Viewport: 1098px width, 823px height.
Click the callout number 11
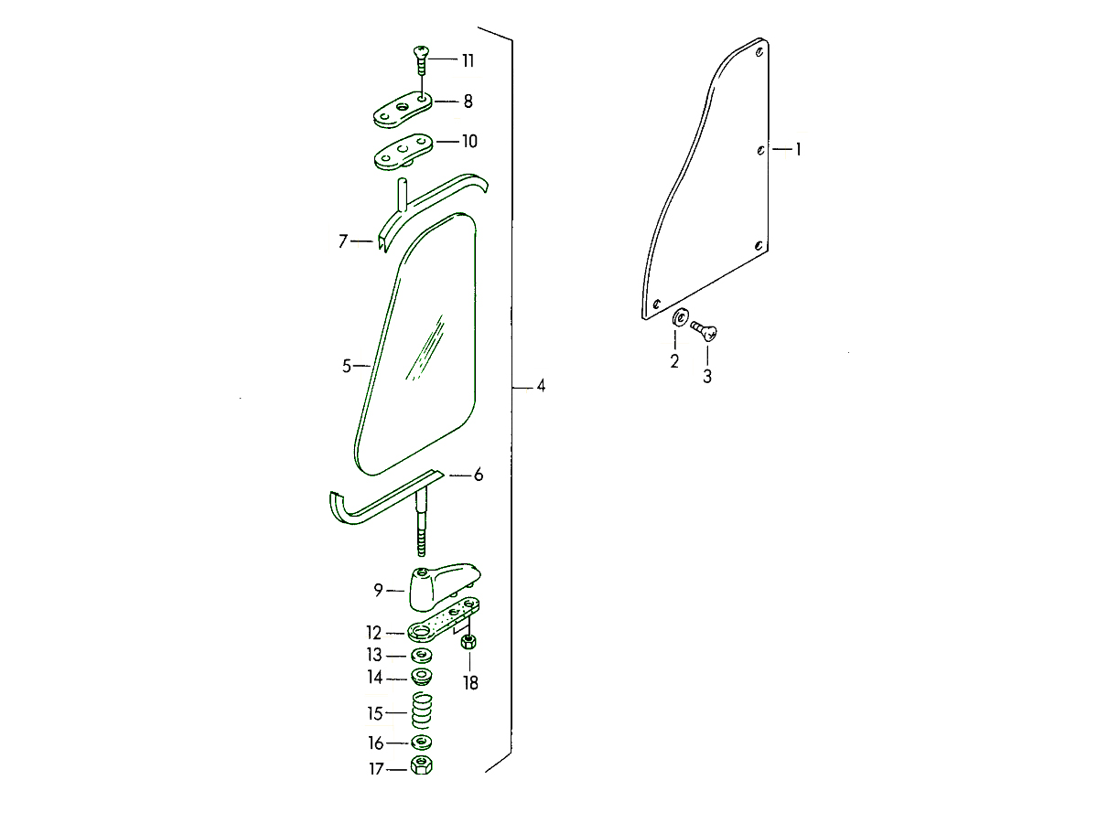468,61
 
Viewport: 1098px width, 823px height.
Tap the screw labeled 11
421,60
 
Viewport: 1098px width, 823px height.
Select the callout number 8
468,102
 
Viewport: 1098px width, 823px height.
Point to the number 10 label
469,142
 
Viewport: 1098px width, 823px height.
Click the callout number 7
342,241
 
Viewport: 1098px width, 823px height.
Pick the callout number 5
347,367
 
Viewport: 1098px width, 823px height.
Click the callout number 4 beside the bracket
541,386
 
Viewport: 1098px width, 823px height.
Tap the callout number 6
479,475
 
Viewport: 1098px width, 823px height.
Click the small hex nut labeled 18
468,642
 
